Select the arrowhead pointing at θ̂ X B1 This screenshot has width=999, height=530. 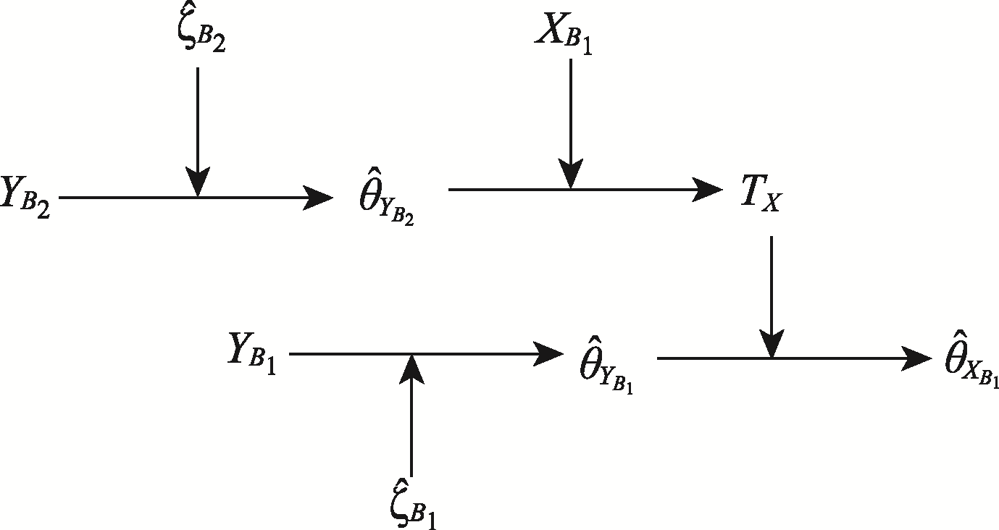coord(919,358)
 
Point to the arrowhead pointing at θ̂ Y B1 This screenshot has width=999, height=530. coord(550,354)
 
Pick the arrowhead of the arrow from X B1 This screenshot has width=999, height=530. coord(570,174)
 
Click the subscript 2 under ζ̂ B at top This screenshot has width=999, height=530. coord(217,43)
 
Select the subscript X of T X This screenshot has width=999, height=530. coord(772,205)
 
